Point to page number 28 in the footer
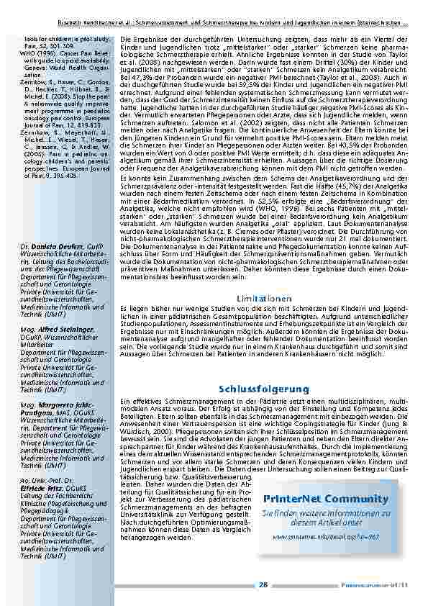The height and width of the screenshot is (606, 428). point(263,585)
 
